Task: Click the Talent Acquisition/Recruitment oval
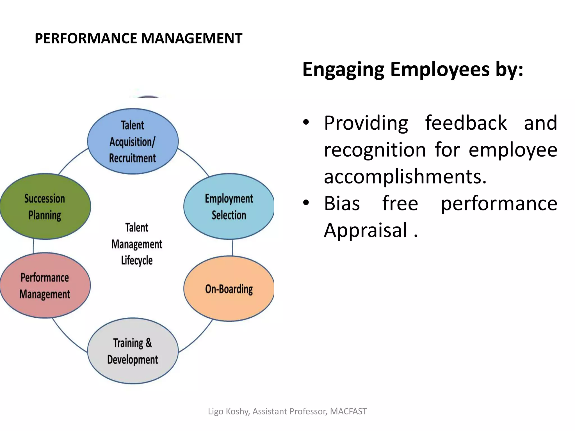point(133,141)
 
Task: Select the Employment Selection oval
point(229,207)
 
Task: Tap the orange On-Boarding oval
point(229,289)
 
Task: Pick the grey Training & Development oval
point(133,351)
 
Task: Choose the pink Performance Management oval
point(45,286)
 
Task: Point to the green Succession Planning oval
point(45,207)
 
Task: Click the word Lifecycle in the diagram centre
point(137,260)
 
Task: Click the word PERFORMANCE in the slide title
point(86,38)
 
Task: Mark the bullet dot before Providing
point(306,122)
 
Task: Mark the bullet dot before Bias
point(306,202)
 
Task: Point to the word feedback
point(466,123)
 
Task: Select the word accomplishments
point(405,177)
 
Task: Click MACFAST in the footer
point(348,411)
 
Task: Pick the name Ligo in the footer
point(216,411)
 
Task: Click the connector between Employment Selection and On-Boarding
point(232,247)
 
